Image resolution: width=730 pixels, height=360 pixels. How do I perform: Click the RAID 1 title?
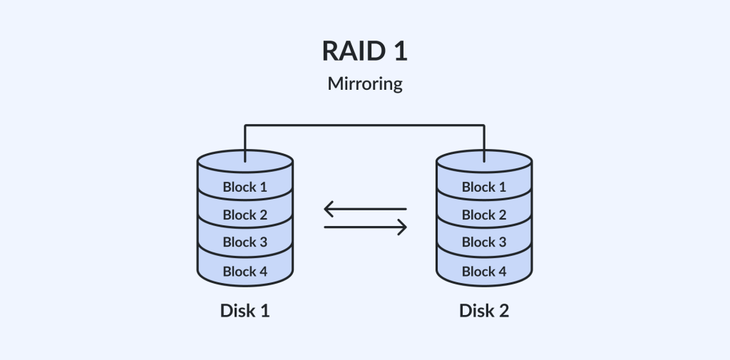[364, 51]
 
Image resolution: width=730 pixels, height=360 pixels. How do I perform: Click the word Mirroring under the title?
[364, 84]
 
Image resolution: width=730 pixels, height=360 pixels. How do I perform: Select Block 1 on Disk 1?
[245, 187]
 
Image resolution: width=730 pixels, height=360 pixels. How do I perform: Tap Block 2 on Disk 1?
[245, 215]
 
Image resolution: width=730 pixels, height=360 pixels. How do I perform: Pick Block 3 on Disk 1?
[245, 242]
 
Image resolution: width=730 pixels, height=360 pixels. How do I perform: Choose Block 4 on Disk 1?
[245, 271]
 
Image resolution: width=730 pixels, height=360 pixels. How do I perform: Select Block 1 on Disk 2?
[484, 187]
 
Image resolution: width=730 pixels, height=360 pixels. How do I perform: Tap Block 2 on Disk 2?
[484, 215]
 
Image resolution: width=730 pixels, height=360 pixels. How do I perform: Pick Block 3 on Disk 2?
[484, 242]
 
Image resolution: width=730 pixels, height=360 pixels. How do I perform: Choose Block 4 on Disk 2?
[484, 271]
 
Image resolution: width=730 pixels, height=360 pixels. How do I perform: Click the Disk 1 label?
[245, 312]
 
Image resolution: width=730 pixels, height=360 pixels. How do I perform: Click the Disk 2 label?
[484, 312]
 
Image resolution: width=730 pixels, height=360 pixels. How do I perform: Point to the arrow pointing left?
[365, 210]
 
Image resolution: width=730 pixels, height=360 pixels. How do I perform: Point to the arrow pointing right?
[365, 227]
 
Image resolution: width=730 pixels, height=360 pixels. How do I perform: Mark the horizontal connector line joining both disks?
[364, 125]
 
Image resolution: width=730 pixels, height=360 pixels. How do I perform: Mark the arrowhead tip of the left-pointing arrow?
[325, 210]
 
